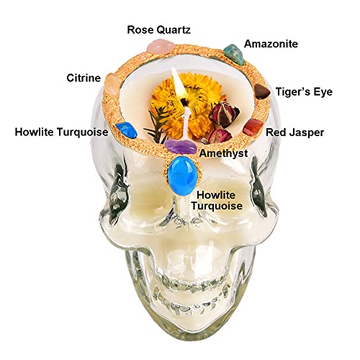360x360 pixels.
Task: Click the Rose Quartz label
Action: (158, 30)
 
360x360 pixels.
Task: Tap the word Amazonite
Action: (271, 44)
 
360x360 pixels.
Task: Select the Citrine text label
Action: (84, 78)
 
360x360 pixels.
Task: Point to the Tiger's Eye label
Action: (304, 92)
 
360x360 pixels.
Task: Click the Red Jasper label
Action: (295, 132)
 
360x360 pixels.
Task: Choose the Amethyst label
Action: (223, 153)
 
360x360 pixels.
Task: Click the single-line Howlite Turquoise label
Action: (62, 132)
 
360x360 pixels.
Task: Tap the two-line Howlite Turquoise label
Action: (216, 200)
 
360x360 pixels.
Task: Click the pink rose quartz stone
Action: (160, 46)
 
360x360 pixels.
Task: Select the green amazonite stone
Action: (234, 54)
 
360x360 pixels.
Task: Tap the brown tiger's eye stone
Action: (262, 91)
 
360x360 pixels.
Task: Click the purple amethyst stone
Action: (181, 146)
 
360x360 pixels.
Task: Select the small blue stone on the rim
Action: (126, 130)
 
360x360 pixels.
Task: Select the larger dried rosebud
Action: (224, 114)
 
